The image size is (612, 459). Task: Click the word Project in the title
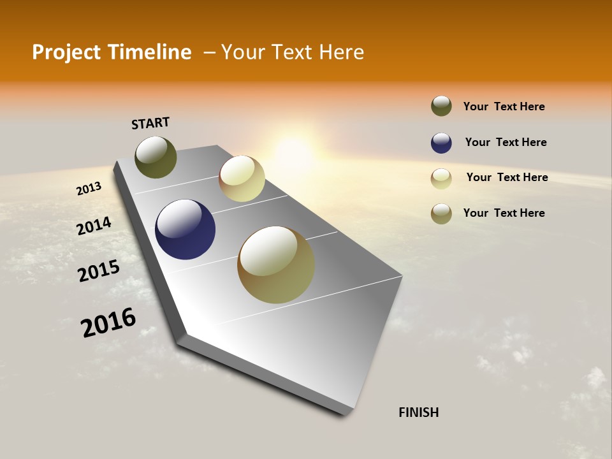pos(66,52)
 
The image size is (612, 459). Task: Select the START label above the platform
pos(150,123)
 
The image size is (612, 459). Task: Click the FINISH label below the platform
pos(418,412)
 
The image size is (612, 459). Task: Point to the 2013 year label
pos(89,189)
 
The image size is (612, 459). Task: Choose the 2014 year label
pos(94,226)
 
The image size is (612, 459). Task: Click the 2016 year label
pos(108,323)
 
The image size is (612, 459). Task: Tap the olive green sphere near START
pos(156,157)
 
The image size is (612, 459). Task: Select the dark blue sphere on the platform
pos(185,229)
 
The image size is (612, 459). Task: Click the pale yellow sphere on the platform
pos(242,178)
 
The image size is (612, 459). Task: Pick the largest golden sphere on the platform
pos(276,265)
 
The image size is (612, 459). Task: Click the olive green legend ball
pos(441,106)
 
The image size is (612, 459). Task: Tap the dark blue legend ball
pos(441,143)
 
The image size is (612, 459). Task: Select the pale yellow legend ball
pos(441,178)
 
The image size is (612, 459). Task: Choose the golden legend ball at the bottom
pos(441,214)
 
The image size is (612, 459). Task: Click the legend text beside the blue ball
pos(506,142)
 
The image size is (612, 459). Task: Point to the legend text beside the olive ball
pos(504,106)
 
